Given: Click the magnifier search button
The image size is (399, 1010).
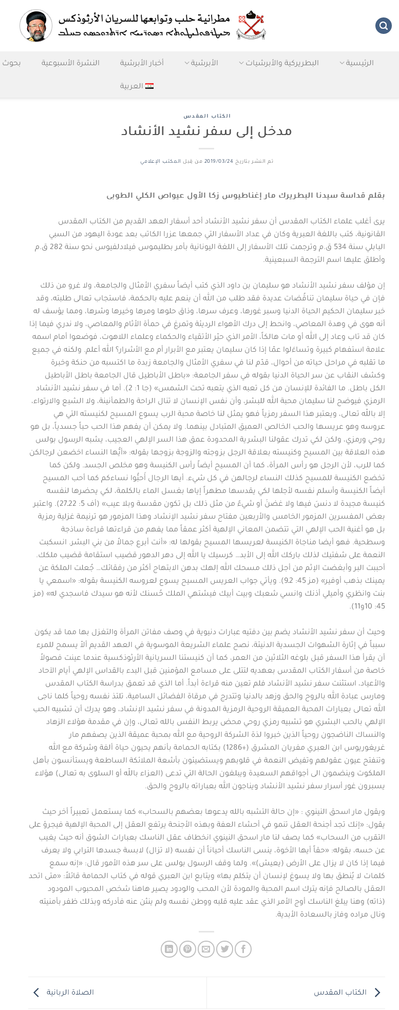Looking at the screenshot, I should (383, 26).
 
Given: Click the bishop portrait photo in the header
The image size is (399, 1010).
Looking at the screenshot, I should (36, 26).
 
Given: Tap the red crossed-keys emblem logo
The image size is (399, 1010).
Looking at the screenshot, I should (251, 25).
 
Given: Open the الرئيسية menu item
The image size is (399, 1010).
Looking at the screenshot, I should (359, 63).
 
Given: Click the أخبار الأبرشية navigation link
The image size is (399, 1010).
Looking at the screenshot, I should (142, 63).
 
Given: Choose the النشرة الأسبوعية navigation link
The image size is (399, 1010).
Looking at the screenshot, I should (70, 63).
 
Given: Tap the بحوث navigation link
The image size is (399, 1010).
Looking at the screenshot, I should (11, 63).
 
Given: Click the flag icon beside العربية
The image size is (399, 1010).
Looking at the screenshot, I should (149, 86).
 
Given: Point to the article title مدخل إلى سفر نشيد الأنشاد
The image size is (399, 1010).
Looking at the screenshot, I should (206, 131).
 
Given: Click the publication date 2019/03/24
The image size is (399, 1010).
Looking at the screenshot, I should (219, 161).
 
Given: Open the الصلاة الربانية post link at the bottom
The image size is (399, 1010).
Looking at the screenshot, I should (70, 992).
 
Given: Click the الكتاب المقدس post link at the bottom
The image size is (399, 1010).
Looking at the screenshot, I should (347, 992).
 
